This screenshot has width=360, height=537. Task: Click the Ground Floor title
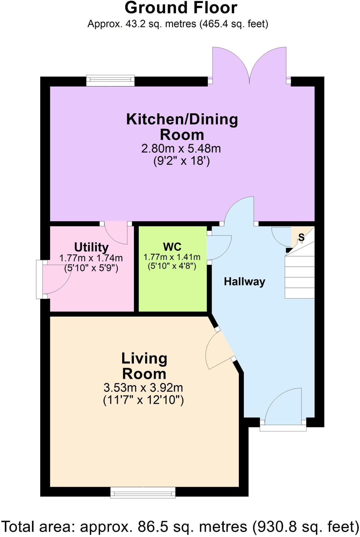181,8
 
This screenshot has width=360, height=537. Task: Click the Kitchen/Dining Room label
182,127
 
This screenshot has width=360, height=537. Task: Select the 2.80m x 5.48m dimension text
181,149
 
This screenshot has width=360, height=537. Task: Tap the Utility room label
91,247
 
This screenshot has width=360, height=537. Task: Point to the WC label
172,247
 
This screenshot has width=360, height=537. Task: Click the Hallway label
244,282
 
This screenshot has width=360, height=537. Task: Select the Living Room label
144,366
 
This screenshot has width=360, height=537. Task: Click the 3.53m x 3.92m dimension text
143,387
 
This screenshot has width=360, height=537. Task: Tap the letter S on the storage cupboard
302,237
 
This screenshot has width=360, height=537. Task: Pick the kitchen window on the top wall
110,80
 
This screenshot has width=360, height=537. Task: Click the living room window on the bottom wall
143,492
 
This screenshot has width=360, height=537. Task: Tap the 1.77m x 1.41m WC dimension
172,257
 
